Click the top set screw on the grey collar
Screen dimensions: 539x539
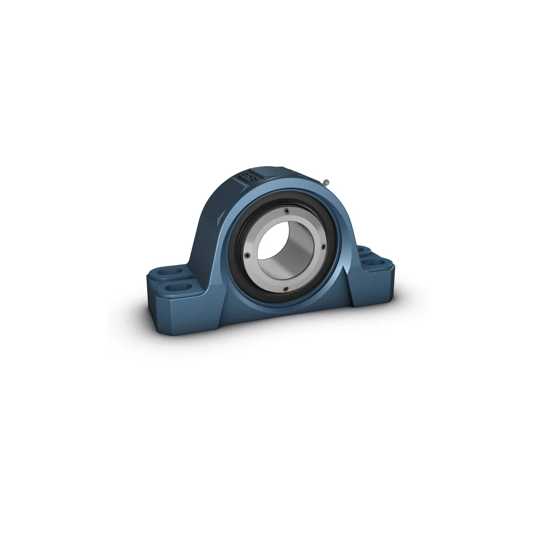(x=286, y=210)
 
